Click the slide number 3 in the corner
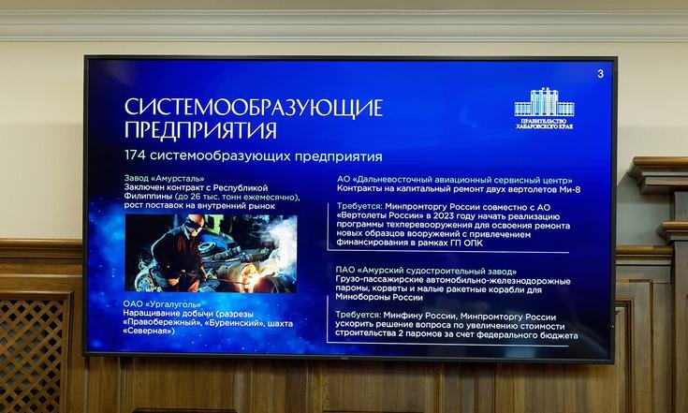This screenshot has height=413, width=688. click(600, 74)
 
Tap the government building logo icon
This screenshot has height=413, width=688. click(544, 102)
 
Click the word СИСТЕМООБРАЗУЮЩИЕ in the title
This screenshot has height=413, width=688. click(254, 108)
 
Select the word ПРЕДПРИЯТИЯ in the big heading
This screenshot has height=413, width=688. click(200, 130)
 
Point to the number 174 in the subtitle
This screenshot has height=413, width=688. click(135, 155)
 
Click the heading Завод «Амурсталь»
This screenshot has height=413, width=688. click(164, 179)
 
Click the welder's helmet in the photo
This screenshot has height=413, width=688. click(194, 224)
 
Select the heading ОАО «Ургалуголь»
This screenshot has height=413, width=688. click(162, 303)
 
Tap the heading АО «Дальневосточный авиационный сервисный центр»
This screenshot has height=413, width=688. click(455, 180)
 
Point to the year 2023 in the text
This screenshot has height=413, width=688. click(444, 216)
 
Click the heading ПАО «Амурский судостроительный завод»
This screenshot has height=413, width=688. click(426, 271)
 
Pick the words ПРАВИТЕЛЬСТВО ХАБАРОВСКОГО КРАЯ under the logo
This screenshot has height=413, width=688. click(544, 124)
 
